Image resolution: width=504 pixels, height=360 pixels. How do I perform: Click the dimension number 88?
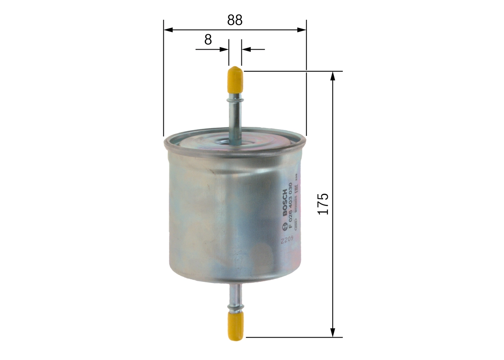coord(235,20)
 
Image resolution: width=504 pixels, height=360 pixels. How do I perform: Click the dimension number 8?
coord(208,39)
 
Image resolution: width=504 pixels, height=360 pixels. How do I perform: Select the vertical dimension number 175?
coord(323,204)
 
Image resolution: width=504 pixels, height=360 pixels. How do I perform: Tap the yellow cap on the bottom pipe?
coord(236,326)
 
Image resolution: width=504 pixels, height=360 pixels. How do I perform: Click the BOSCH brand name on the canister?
coord(285,202)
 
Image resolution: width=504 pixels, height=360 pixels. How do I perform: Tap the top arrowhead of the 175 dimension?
coord(333,76)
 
